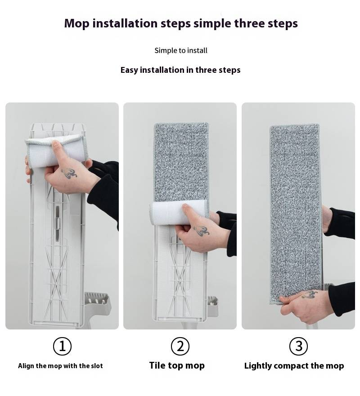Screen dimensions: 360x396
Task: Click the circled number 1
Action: [x=62, y=346]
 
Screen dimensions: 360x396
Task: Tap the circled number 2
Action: [x=180, y=346]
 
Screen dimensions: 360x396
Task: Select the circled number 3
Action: [x=298, y=346]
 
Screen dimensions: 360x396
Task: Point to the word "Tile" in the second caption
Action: [x=157, y=365]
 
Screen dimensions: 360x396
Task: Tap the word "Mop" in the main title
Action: [x=77, y=23]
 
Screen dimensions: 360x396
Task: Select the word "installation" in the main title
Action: [x=125, y=23]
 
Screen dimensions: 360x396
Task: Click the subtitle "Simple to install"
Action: [x=181, y=50]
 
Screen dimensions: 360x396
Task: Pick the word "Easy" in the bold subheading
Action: [x=129, y=70]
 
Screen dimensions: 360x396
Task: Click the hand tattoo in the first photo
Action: [x=69, y=174]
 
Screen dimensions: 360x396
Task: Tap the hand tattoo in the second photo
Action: [x=201, y=231]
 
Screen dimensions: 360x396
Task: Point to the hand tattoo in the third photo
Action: [x=310, y=294]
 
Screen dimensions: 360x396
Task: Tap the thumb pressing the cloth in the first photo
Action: [x=57, y=151]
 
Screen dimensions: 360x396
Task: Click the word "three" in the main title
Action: [x=249, y=23]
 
